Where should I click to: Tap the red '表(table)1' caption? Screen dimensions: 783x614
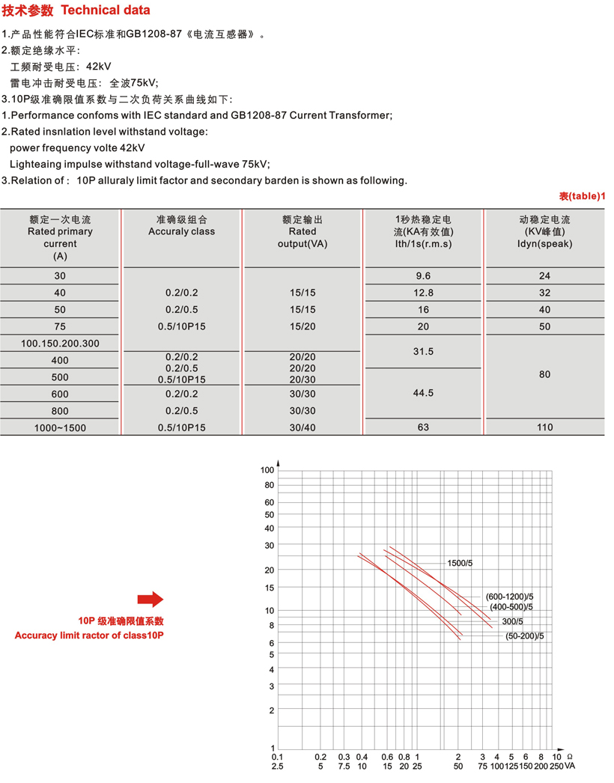[x=581, y=196]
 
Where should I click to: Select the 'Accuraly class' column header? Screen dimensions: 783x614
[x=181, y=231]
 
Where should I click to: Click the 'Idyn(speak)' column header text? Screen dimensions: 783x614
[x=544, y=243]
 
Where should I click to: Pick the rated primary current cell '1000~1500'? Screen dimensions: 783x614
[x=60, y=427]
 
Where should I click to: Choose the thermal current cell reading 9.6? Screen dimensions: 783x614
[x=424, y=275]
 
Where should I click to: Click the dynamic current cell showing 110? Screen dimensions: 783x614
[x=544, y=427]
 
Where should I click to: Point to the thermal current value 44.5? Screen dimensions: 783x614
[x=424, y=393]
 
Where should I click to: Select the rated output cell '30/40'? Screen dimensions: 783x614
[x=303, y=427]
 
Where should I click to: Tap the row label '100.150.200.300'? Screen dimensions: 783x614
[x=60, y=344]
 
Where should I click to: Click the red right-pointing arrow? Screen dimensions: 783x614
[x=150, y=599]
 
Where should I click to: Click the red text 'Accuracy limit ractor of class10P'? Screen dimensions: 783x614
[x=89, y=636]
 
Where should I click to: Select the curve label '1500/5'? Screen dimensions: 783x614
[x=459, y=562]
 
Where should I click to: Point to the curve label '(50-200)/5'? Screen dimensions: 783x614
[x=524, y=636]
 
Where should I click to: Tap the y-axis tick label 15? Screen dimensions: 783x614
[x=270, y=587]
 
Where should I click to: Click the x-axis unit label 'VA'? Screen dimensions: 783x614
[x=570, y=767]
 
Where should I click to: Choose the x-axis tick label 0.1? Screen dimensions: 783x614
[x=278, y=757]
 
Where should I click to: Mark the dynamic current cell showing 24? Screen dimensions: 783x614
[x=544, y=275]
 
